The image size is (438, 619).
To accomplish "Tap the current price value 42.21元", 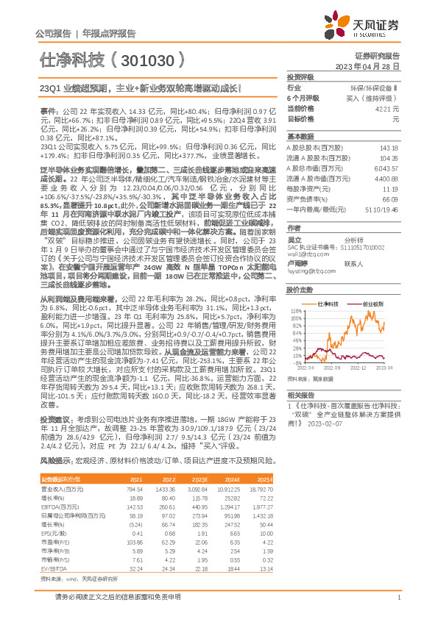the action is [388, 108].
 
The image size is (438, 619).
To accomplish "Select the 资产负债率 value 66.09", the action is [390, 199].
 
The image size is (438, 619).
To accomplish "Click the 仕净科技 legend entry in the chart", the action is [327, 303].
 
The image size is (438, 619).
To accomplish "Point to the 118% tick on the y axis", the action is [294, 311].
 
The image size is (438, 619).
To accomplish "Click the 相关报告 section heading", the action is [299, 395].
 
